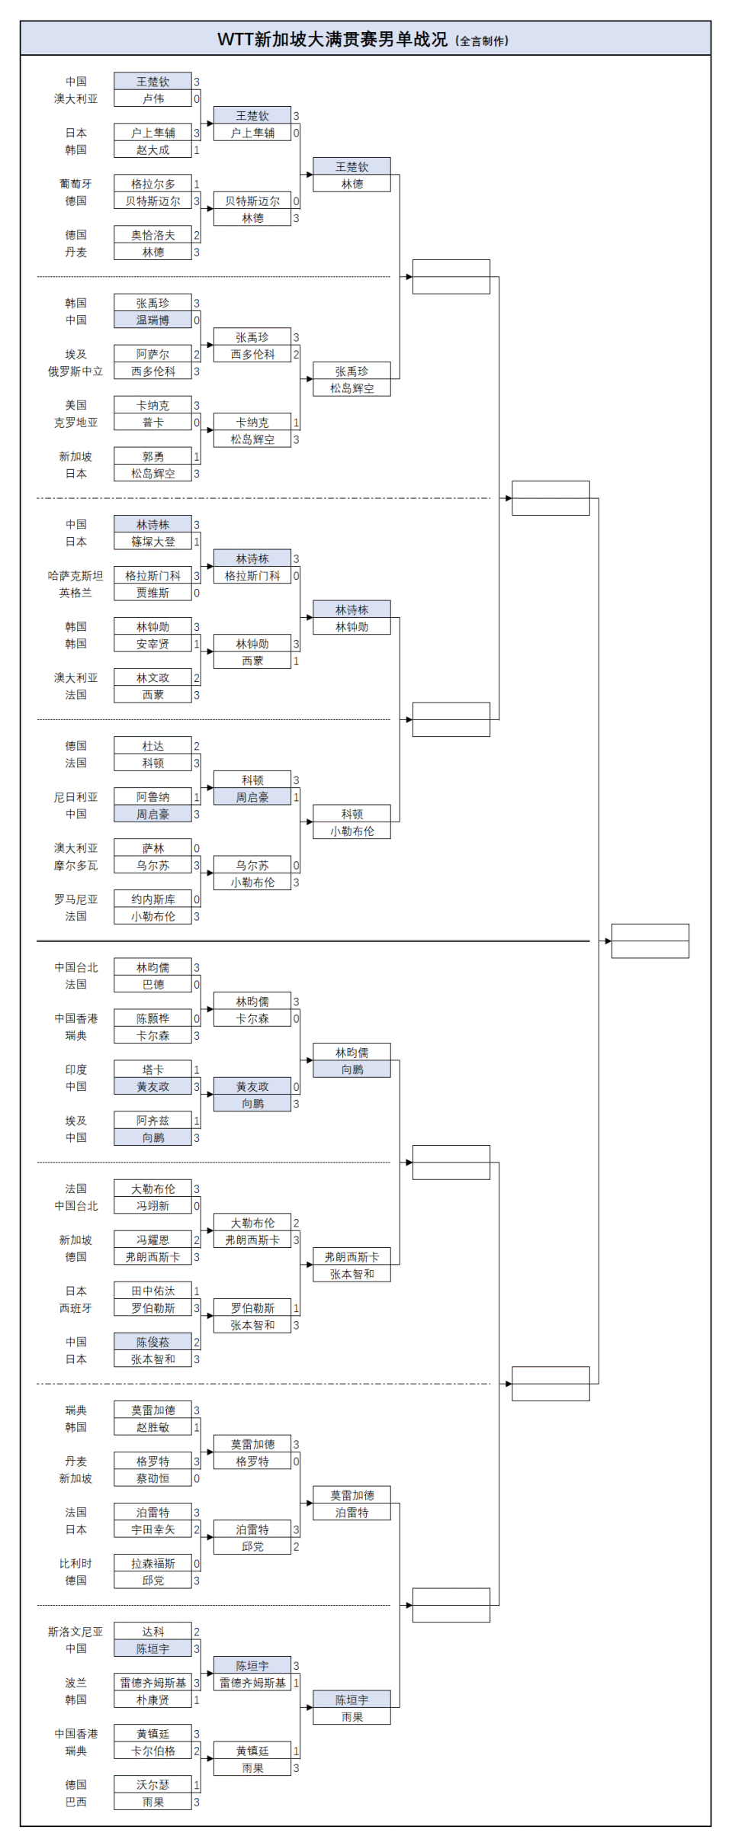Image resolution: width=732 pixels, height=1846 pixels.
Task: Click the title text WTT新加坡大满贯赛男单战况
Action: (x=332, y=40)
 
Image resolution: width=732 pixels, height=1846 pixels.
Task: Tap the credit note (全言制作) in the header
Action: (x=482, y=41)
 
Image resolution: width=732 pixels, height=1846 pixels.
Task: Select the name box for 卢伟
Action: (x=152, y=98)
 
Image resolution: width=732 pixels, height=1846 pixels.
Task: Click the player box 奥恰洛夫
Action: (x=152, y=235)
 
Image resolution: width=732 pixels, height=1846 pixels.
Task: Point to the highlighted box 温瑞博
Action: (x=152, y=320)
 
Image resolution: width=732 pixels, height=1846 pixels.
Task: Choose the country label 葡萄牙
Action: (x=75, y=184)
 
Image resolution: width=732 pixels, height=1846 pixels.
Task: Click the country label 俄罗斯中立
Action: (x=75, y=371)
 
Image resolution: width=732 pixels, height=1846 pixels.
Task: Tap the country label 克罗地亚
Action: (x=75, y=423)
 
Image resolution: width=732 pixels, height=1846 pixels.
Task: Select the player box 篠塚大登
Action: (x=152, y=542)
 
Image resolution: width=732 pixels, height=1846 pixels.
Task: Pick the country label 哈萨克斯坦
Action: (x=75, y=576)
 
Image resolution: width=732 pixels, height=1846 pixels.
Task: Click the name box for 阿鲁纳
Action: (x=152, y=797)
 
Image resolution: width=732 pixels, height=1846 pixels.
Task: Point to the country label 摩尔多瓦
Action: (x=75, y=866)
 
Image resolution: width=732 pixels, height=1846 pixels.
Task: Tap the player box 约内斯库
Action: (x=152, y=899)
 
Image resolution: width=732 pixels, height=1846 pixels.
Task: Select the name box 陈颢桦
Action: (x=152, y=1018)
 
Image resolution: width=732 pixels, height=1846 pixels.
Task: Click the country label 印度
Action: (x=75, y=1069)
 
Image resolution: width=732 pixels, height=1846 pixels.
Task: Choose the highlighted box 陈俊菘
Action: (x=152, y=1342)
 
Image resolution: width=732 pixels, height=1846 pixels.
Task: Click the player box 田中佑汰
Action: (x=152, y=1291)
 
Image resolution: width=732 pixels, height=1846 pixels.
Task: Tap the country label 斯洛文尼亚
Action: (x=75, y=1632)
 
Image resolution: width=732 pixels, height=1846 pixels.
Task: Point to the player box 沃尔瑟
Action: (x=152, y=1785)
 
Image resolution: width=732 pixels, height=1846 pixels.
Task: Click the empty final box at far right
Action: (x=650, y=941)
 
